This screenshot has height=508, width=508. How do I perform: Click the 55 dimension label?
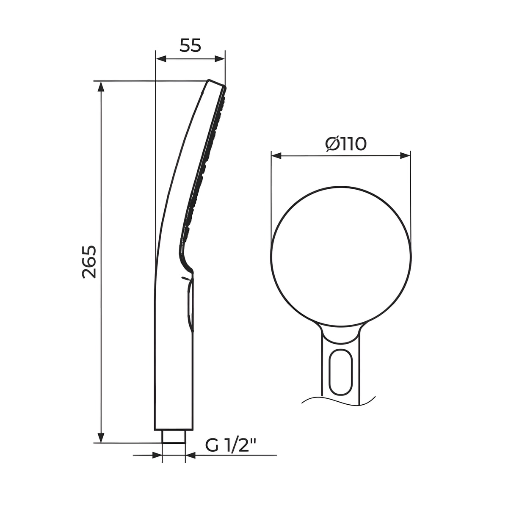coord(190,45)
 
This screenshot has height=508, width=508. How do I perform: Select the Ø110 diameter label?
coord(346,144)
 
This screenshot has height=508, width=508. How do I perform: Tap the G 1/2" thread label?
coord(230,446)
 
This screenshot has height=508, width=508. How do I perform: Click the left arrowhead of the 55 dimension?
coord(161,59)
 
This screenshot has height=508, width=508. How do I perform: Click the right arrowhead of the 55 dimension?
coord(220,59)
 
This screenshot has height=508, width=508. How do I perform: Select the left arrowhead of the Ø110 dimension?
coord(276,156)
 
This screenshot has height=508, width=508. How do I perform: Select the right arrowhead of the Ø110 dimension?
coord(405,156)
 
